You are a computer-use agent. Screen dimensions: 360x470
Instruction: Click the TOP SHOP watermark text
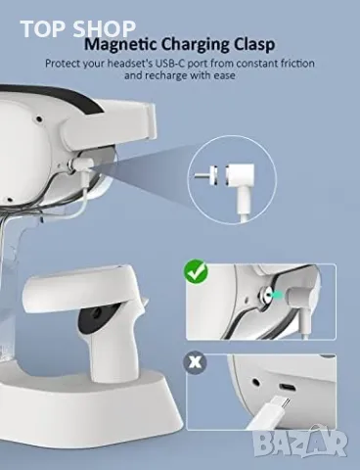tap(78, 28)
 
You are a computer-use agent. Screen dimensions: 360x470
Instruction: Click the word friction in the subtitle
tap(297, 63)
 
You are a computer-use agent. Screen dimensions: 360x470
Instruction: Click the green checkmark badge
tap(196, 271)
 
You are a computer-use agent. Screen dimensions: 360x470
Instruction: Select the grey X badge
tap(195, 362)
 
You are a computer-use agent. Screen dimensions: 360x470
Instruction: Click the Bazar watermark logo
tap(300, 443)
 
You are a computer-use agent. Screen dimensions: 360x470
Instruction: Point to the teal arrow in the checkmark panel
tap(277, 295)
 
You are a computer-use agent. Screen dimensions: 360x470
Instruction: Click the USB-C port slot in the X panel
tap(287, 387)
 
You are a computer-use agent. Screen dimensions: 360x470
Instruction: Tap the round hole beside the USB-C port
tap(255, 381)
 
